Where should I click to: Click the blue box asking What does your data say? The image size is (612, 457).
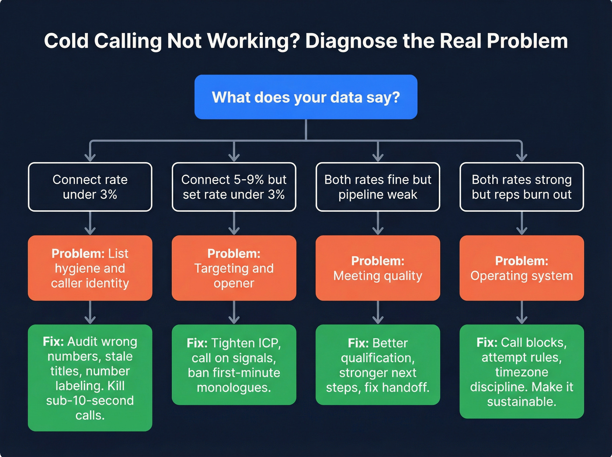pos(306,97)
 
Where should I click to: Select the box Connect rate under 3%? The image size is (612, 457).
pos(90,187)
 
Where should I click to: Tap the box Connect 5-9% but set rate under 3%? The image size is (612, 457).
pos(234,187)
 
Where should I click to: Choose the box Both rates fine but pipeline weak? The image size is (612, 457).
pos(378,187)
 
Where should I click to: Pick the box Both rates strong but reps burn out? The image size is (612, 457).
pos(522,187)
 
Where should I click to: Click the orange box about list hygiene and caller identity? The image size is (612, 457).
pos(90,268)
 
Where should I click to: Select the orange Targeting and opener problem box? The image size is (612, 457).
pos(234,268)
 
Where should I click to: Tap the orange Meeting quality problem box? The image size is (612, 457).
pos(378,268)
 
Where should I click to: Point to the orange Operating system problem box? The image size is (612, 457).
pos(522,268)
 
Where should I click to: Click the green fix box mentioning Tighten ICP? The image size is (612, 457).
pos(234,364)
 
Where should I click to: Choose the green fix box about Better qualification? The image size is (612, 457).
pos(378,364)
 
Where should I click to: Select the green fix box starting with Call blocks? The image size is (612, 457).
pos(522,371)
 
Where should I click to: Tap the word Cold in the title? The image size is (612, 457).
pos(66,42)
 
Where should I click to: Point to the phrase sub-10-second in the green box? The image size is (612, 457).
pos(90,401)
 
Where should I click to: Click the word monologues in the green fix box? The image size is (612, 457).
pos(234,387)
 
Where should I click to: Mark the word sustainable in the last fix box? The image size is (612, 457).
pos(521,401)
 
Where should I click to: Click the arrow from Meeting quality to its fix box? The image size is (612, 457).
pos(378,313)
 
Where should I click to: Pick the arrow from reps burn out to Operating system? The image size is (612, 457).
pos(522,223)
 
